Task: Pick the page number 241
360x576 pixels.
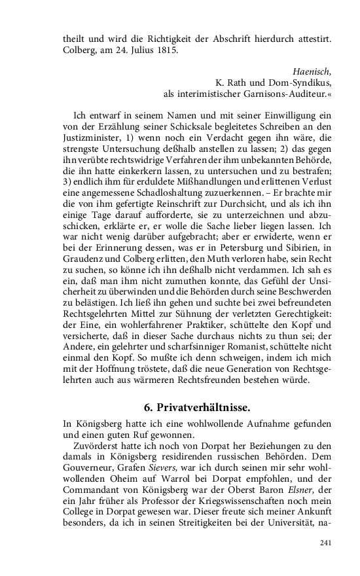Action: pos(326,543)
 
